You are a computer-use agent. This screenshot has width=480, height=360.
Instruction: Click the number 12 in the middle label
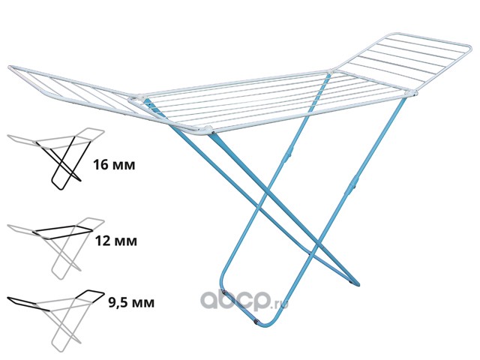102,241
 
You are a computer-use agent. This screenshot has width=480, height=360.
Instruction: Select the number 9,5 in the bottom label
103,303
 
